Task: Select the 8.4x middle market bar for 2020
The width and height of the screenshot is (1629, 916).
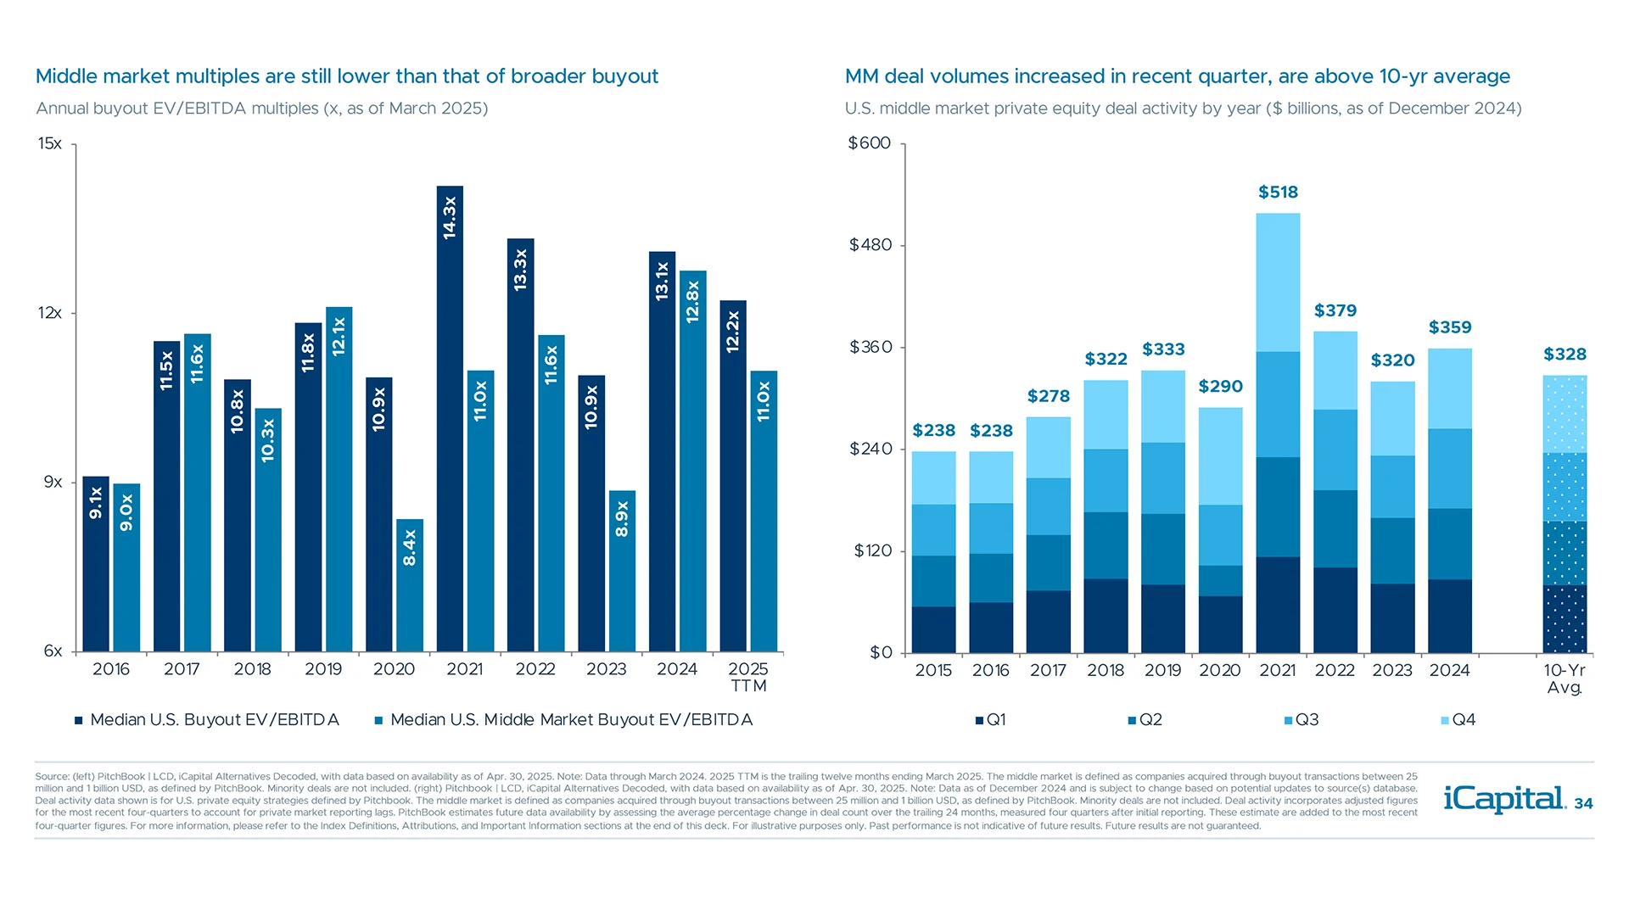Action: [409, 585]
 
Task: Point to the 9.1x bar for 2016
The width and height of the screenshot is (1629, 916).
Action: [96, 564]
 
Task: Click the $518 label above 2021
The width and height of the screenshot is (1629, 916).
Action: [1278, 193]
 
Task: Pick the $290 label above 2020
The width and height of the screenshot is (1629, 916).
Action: [1220, 387]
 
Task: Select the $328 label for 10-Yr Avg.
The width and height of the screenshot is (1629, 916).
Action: [1565, 355]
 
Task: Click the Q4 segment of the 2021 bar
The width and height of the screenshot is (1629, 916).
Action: [1278, 282]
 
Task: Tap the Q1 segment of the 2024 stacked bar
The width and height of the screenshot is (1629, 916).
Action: [1449, 616]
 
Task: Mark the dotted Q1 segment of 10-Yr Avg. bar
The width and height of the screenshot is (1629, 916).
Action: [1565, 619]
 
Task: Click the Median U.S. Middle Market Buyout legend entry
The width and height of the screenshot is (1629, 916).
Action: [564, 720]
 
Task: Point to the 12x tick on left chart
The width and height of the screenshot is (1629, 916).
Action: [50, 313]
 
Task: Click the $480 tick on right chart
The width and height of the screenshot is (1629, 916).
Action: [870, 245]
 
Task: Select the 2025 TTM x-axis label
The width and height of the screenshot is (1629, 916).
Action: [748, 677]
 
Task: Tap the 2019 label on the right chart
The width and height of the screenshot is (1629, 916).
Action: [1162, 670]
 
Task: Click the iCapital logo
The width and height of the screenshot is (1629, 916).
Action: [1504, 799]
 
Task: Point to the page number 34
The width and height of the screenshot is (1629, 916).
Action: [1583, 804]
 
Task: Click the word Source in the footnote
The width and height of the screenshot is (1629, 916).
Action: [52, 776]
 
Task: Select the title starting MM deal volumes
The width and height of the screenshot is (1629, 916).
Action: [1177, 76]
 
